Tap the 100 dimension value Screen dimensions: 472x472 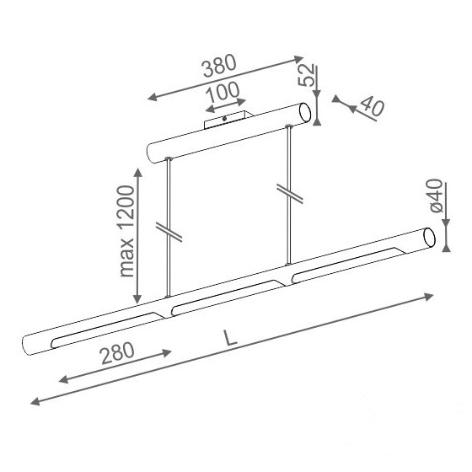[x=223, y=92]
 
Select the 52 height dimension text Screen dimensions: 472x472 [x=307, y=75]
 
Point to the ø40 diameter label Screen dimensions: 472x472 [x=437, y=196]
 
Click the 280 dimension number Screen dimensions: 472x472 [x=117, y=353]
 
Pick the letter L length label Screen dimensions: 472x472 [x=230, y=337]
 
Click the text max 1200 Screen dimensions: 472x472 [x=127, y=231]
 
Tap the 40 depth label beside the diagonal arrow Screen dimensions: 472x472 [x=373, y=106]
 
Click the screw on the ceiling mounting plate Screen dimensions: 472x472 [x=224, y=119]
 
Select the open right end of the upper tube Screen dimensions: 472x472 [x=304, y=113]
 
